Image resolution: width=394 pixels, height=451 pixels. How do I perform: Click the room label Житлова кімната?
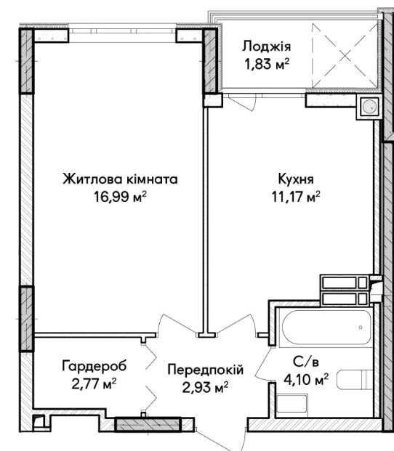tap(120, 179)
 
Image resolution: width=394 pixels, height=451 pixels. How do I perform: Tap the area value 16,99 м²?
tap(120, 197)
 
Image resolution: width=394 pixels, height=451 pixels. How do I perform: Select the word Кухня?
tap(296, 179)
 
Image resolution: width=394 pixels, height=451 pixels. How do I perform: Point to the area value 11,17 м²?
tap(296, 197)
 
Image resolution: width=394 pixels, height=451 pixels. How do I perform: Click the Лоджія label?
tap(267, 46)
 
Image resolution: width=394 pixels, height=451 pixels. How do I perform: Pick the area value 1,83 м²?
tap(267, 64)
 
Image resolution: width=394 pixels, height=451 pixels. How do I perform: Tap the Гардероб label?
tap(94, 367)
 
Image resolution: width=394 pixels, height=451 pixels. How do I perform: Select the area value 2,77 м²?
tap(94, 383)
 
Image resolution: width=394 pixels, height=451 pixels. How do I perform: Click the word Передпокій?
tap(206, 370)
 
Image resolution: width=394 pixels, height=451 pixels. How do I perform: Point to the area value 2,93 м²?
tap(206, 387)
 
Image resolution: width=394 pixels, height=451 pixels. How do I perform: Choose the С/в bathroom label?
tap(306, 362)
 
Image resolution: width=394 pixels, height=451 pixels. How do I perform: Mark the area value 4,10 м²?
tap(306, 380)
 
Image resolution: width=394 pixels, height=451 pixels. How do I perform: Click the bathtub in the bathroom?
tap(326, 327)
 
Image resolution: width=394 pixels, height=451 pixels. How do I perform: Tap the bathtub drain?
tap(361, 328)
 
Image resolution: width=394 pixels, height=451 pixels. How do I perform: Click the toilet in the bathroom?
tap(355, 380)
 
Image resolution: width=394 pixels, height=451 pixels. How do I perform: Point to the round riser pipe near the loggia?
tap(369, 107)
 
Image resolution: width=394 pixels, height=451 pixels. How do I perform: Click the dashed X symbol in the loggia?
tap(345, 55)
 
